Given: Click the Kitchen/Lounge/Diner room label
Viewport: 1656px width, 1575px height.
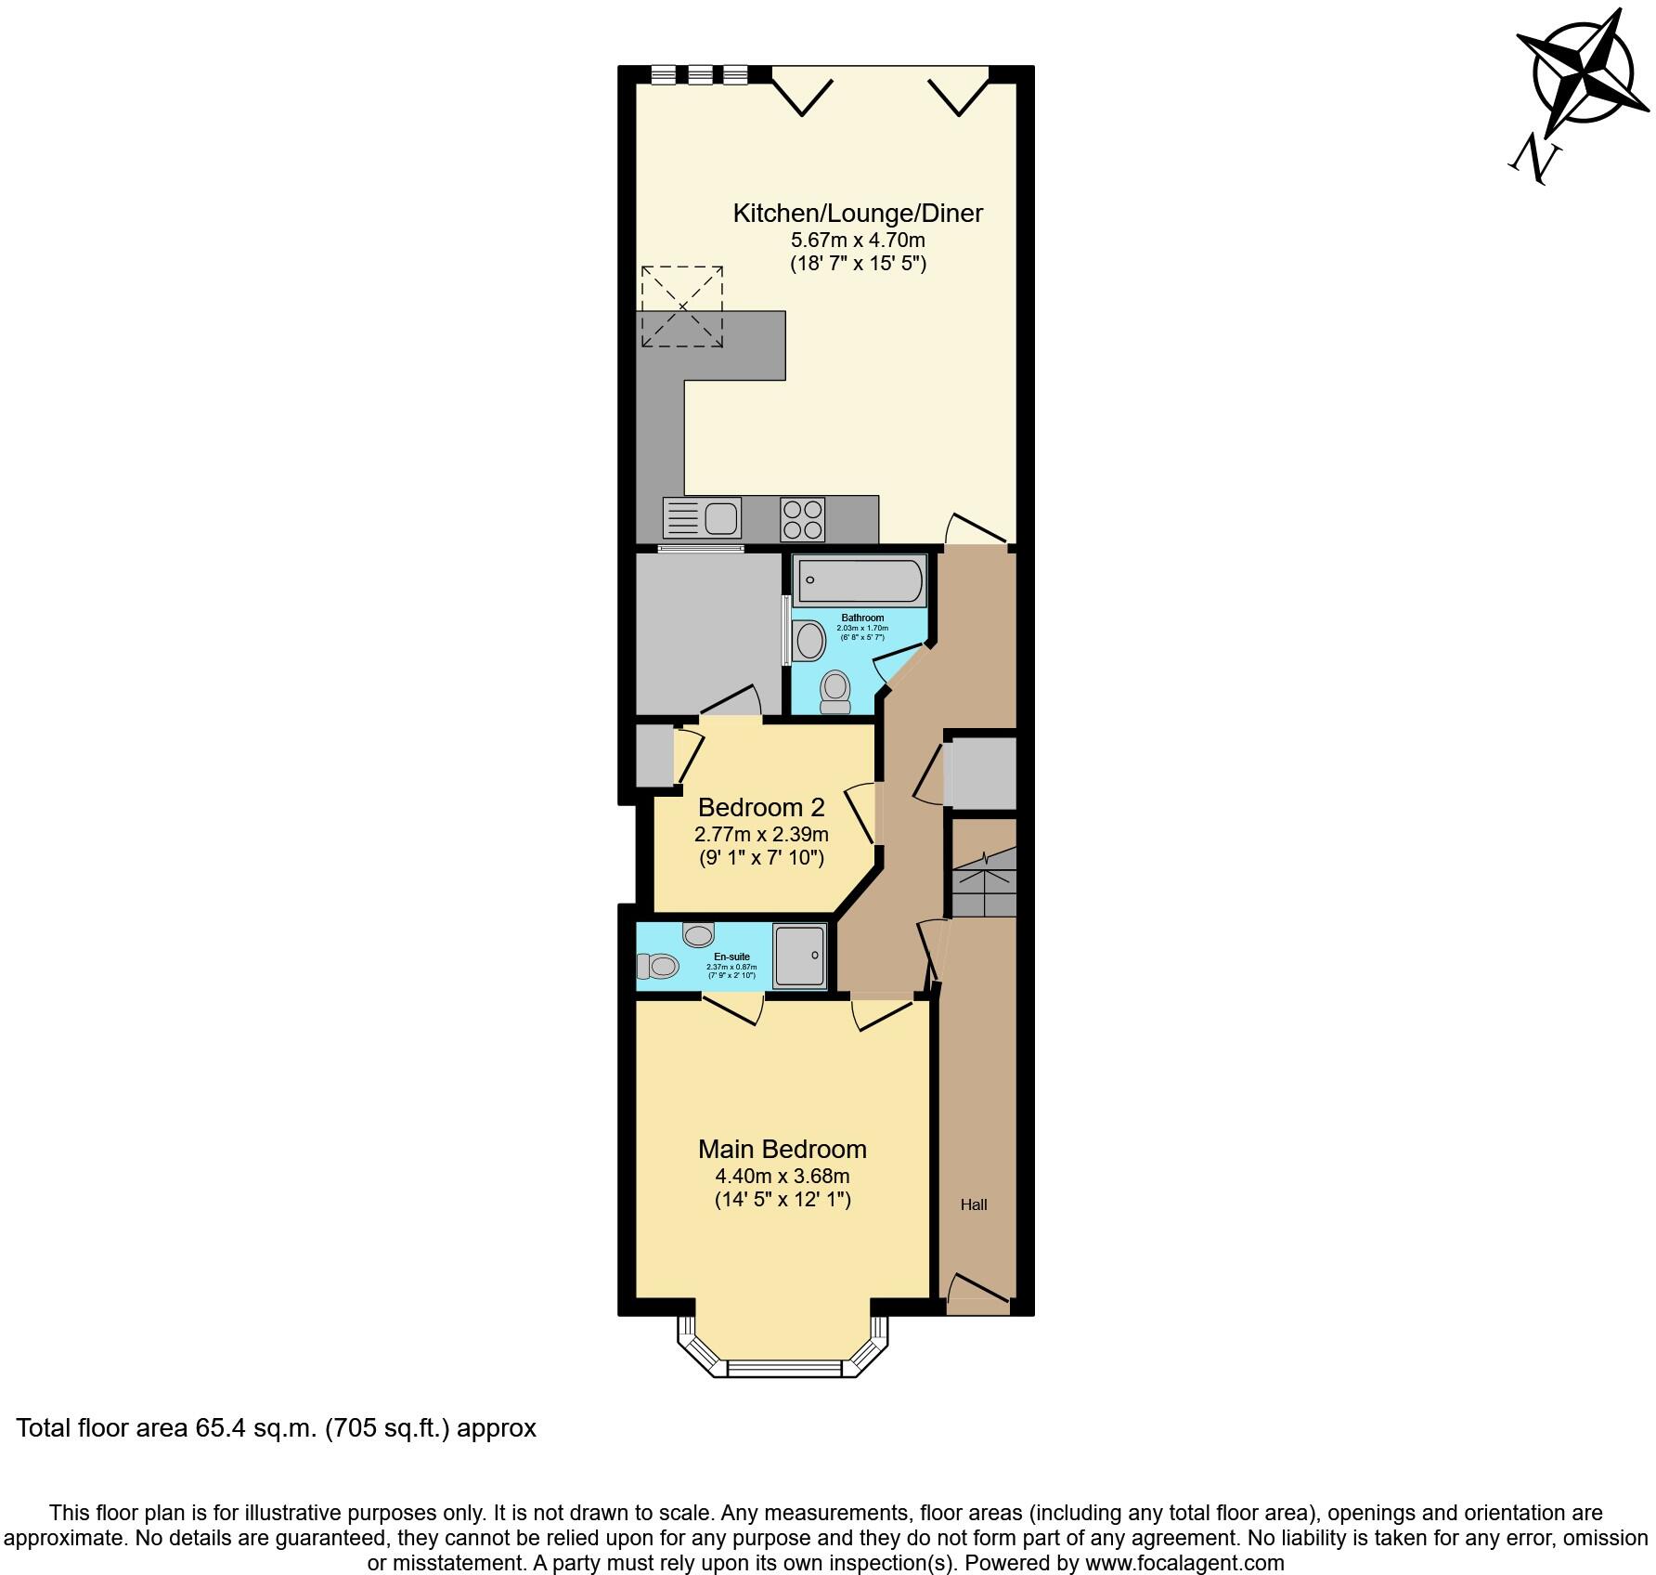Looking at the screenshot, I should tap(858, 214).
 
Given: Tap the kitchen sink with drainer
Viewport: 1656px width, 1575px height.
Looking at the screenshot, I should tap(702, 517).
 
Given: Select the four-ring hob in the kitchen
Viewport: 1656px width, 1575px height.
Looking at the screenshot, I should tap(803, 519).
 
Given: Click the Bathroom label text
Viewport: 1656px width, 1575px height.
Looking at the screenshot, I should tap(862, 618).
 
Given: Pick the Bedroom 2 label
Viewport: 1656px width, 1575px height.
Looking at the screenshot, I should tap(761, 806).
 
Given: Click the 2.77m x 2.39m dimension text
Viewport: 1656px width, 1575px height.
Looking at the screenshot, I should tap(761, 834).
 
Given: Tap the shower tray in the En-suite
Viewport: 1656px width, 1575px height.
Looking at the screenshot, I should tap(799, 956).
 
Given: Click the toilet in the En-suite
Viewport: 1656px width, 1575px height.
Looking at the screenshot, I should tap(657, 967).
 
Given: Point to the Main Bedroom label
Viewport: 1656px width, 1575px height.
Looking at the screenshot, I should tap(783, 1149).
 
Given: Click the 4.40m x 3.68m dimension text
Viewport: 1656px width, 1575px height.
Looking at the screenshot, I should tap(783, 1176).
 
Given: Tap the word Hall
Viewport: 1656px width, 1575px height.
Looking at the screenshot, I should tap(974, 1205).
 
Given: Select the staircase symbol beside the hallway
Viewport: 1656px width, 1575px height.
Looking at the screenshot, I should tap(983, 881).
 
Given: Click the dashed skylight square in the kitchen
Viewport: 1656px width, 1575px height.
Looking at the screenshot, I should tap(682, 306).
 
